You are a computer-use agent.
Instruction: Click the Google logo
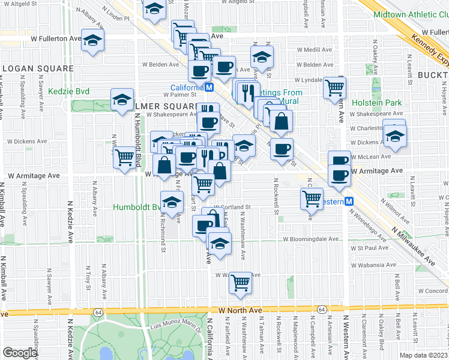pyautogui.click(x=20, y=353)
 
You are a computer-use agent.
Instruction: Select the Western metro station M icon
pyautogui.click(x=349, y=202)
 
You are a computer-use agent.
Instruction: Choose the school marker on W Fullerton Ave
pyautogui.click(x=92, y=41)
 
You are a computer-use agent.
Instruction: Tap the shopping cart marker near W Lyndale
pyautogui.click(x=334, y=88)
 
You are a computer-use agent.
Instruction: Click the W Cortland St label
pyautogui.click(x=231, y=207)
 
